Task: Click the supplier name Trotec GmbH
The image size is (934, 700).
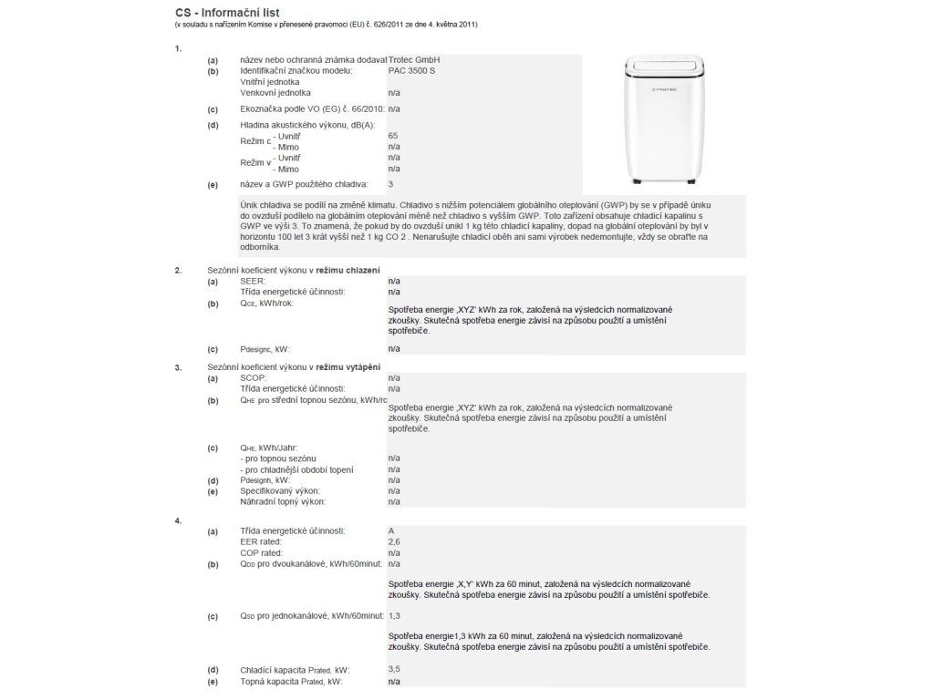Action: (x=414, y=59)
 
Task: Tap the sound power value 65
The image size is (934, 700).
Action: (x=393, y=135)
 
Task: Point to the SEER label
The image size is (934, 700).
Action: (x=252, y=282)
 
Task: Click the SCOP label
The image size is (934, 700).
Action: (x=252, y=377)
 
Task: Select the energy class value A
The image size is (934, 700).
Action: (x=391, y=530)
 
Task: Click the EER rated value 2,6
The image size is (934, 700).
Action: (x=393, y=541)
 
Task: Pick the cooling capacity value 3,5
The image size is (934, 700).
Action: (x=393, y=670)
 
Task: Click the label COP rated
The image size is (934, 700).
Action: (x=262, y=552)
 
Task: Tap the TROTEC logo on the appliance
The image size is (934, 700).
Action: (x=645, y=89)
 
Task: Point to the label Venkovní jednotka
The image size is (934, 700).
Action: (x=275, y=93)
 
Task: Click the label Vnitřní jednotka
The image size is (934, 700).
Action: (x=269, y=81)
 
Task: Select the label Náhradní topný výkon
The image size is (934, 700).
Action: (x=283, y=501)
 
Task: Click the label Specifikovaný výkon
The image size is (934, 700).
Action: (x=280, y=490)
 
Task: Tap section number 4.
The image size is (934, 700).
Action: (x=178, y=520)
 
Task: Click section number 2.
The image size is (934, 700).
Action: (x=178, y=271)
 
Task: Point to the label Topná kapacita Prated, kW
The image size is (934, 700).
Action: (x=291, y=681)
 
